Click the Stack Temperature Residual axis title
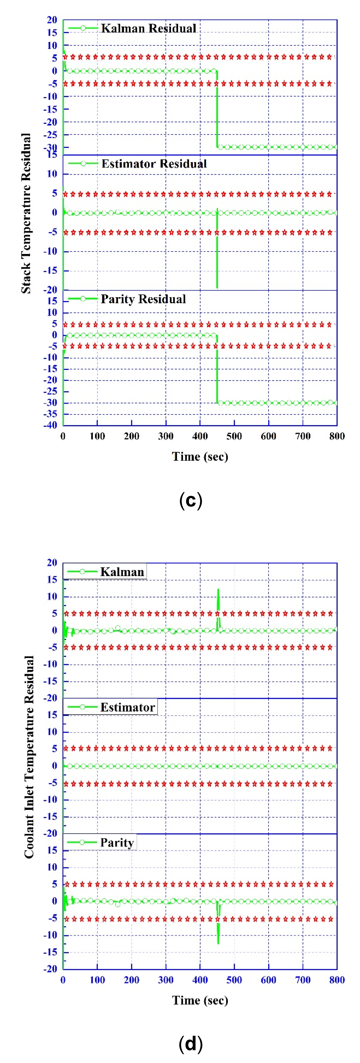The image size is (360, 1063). click(26, 213)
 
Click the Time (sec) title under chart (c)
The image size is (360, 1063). click(200, 456)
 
